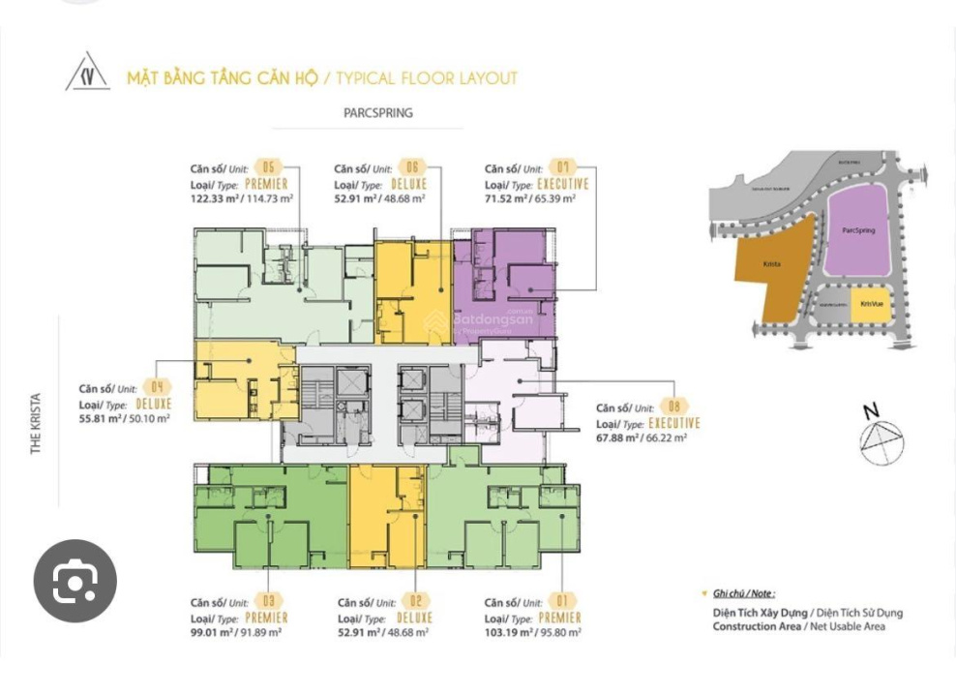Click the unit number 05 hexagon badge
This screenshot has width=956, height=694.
point(268,167)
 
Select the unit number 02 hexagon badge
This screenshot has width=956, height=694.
point(418,601)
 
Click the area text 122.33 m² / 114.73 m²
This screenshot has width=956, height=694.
point(241,198)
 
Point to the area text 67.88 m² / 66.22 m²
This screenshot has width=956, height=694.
point(642,438)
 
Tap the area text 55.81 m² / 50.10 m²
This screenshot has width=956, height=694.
point(124,418)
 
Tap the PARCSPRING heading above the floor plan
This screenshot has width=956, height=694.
point(377,113)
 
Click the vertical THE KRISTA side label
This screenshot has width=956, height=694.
point(37,423)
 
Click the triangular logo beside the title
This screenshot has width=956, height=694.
point(88,74)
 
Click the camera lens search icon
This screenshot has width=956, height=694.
point(75,581)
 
